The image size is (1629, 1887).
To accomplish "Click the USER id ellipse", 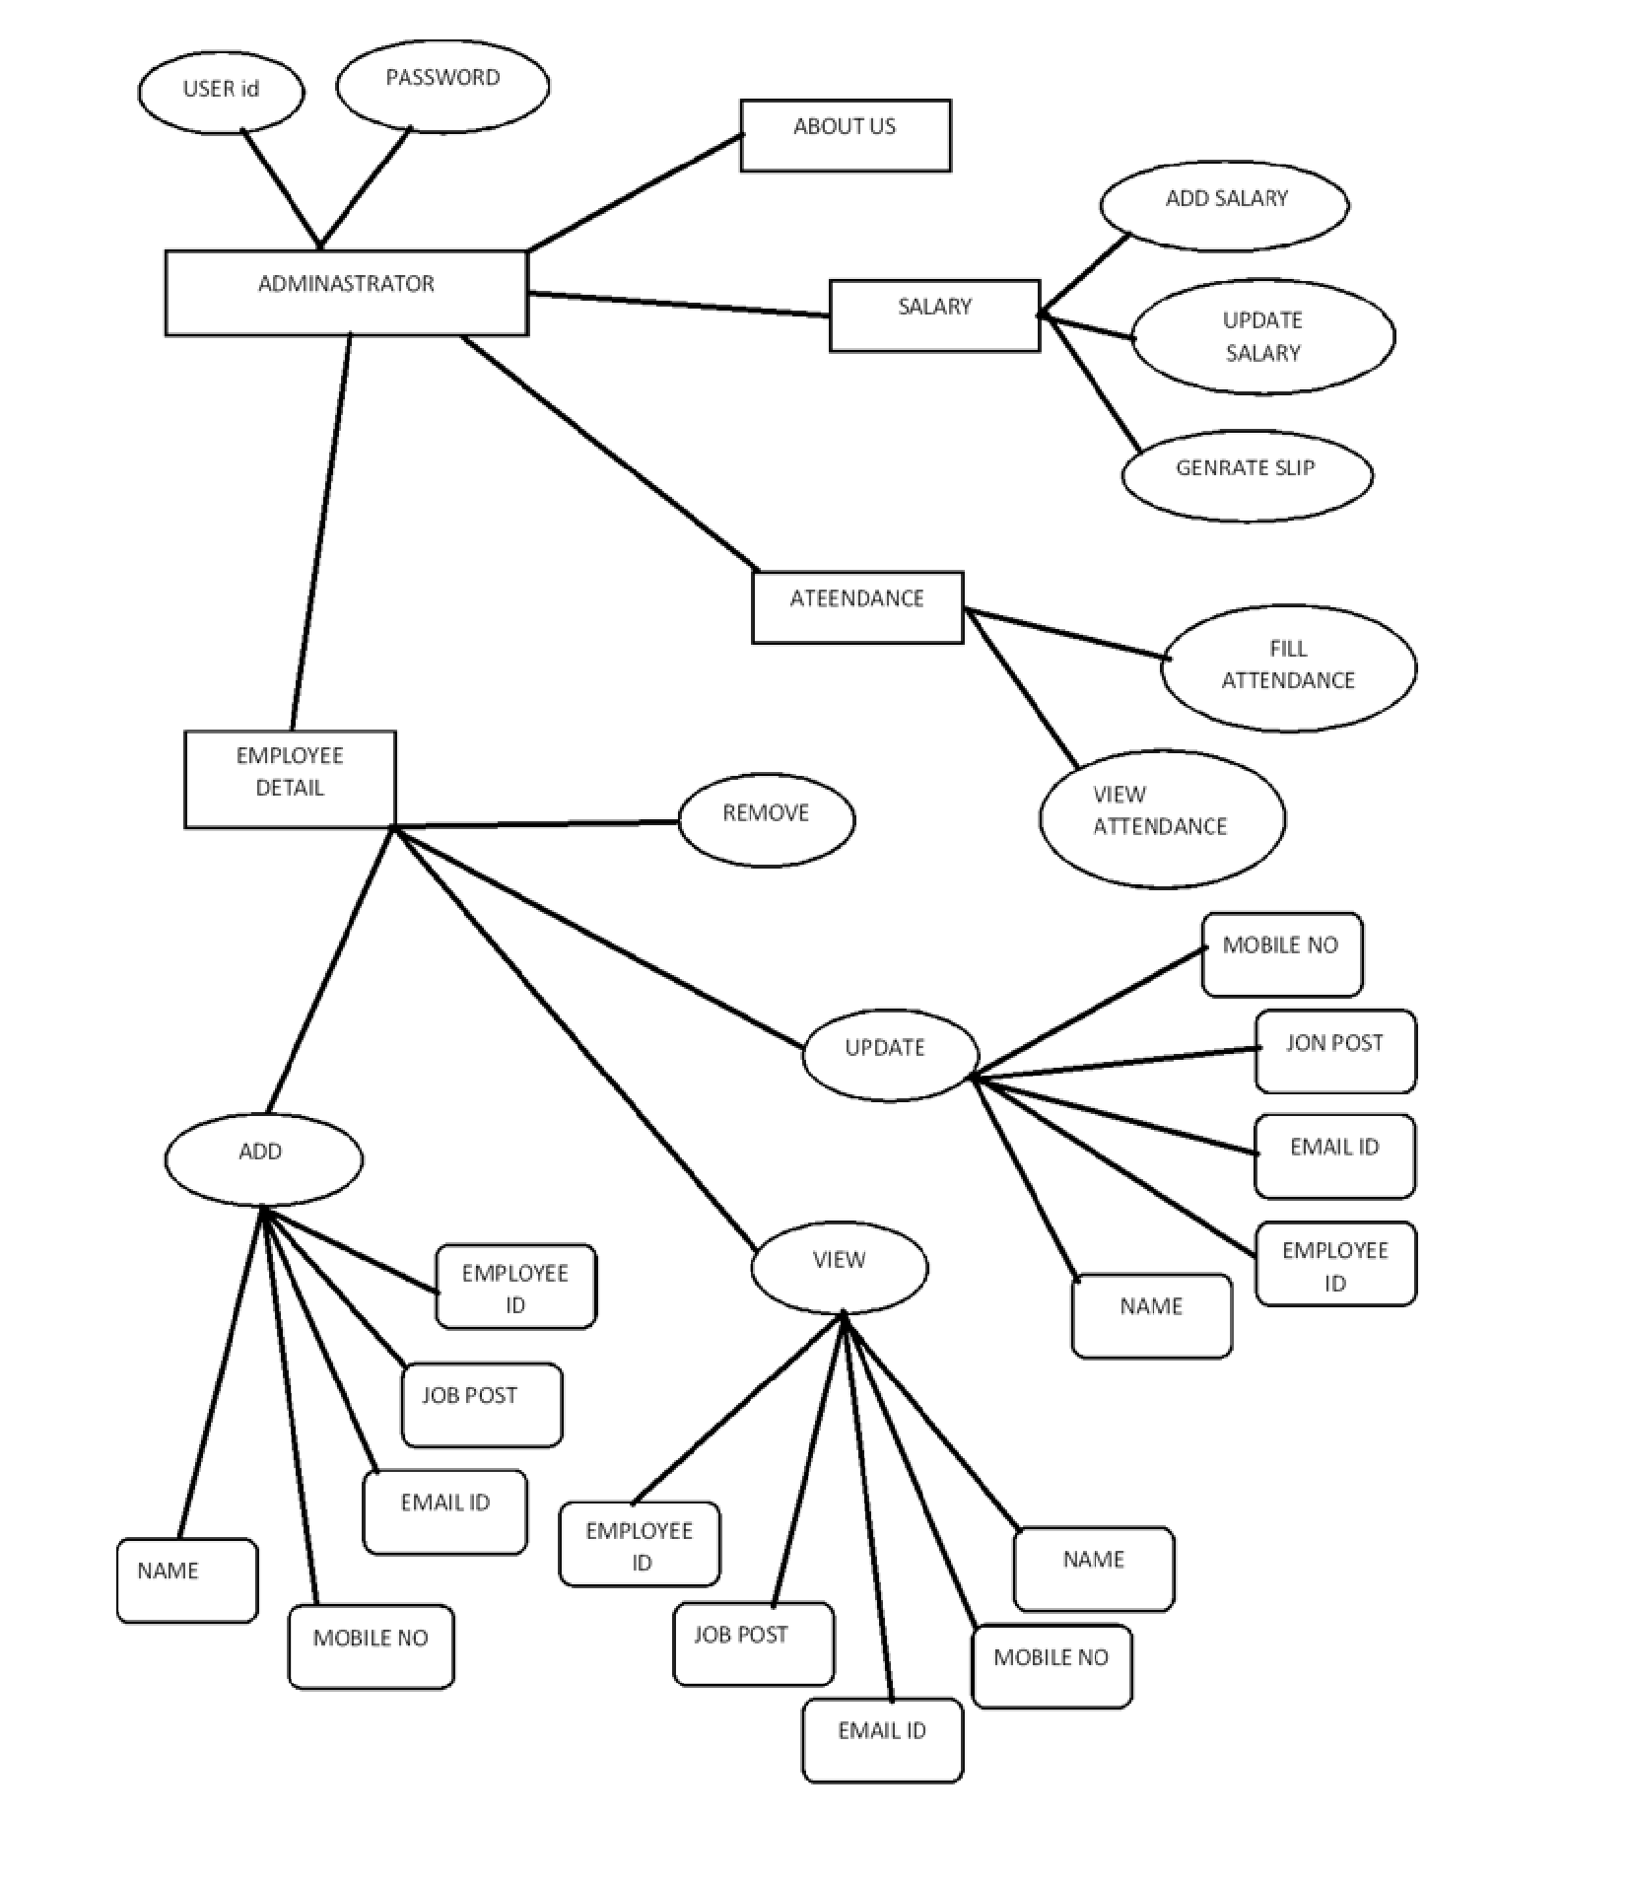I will pos(221,91).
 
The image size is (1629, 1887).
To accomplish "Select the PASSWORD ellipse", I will pos(442,85).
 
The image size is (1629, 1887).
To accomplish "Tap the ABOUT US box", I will pos(846,135).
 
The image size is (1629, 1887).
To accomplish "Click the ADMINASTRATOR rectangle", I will pos(346,293).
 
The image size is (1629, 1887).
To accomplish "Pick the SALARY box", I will pos(934,315).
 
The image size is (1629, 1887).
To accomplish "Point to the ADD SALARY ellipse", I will pos(1225,205).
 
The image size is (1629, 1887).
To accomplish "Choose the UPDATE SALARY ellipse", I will pos(1262,336).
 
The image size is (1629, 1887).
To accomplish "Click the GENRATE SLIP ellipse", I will pos(1247,474).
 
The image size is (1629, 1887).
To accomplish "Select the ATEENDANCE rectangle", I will pos(857,607).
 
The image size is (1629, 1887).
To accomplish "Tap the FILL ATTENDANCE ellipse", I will pos(1288,666).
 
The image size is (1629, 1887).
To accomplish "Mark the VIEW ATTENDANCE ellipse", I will pos(1162,817).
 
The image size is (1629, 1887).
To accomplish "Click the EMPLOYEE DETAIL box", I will pos(290,779).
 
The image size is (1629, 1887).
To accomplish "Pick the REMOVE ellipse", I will pos(767,818).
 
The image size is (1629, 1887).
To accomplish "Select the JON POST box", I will pos(1335,1051).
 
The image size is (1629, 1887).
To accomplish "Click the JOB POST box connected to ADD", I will pos(482,1405).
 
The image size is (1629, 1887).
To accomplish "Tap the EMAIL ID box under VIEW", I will pos(882,1739).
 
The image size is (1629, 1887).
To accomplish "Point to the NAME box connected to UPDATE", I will pos(1151,1315).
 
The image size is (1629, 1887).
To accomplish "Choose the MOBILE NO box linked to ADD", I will pos(371,1646).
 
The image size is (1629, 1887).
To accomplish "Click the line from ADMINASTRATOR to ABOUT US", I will pos(636,192).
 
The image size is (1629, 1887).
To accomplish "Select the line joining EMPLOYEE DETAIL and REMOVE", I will pos(537,823).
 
